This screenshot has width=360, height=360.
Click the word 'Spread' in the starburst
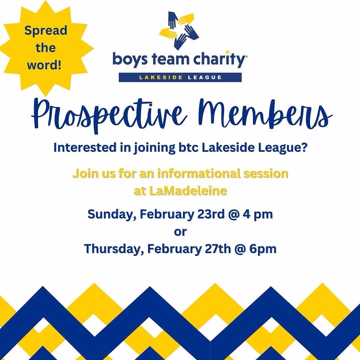46,31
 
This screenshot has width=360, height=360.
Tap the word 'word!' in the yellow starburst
44,65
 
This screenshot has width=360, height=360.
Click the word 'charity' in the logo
219,59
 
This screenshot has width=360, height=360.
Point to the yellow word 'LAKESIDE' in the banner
161,77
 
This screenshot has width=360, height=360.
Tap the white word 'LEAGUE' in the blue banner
205,77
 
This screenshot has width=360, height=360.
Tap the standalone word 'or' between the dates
180,232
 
